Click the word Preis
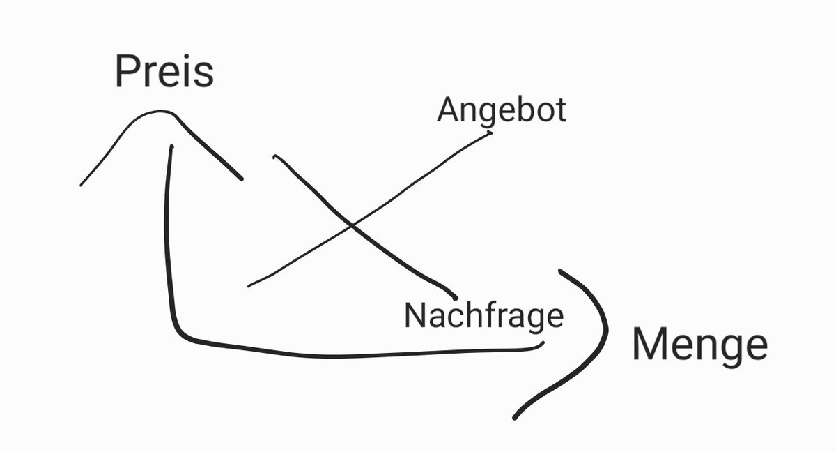[x=164, y=72]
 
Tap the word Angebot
[x=502, y=110]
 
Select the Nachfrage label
[x=483, y=315]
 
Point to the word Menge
[x=699, y=345]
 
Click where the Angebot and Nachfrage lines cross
[x=351, y=225]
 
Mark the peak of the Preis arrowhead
[x=163, y=112]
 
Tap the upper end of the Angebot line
[x=491, y=132]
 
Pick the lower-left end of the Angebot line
[x=249, y=285]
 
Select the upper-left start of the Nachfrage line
[x=275, y=157]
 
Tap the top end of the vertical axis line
[x=171, y=146]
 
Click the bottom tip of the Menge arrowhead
[x=515, y=418]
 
